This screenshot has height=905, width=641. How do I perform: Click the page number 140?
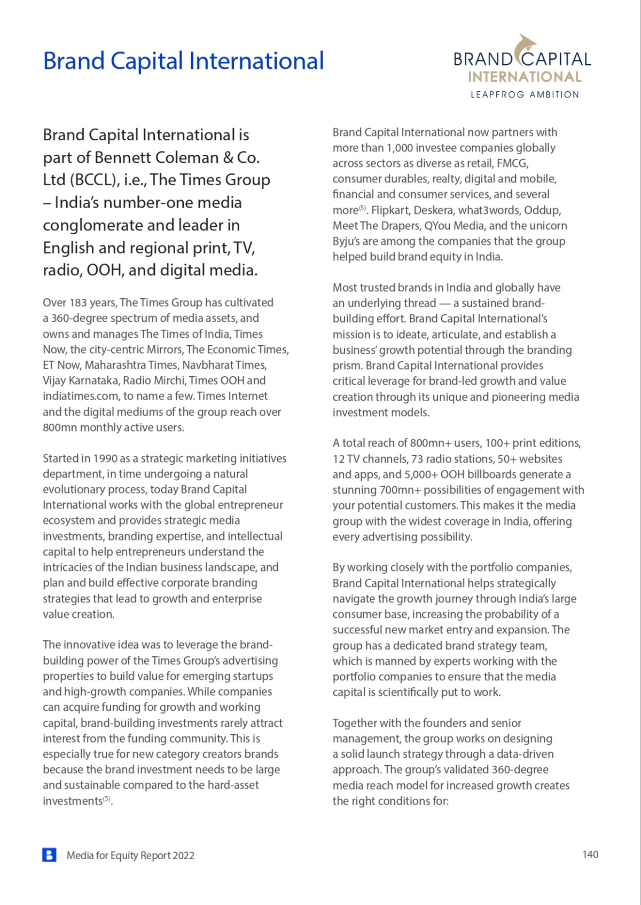click(x=590, y=854)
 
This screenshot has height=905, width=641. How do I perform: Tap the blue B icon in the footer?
click(x=49, y=855)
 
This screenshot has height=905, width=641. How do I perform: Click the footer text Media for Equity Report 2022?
click(x=130, y=855)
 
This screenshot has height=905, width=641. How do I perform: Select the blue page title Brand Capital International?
click(x=183, y=61)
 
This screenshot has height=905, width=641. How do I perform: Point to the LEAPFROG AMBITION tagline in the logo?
click(x=525, y=94)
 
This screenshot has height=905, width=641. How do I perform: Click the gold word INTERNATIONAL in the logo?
click(x=525, y=77)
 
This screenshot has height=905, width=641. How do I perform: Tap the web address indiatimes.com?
click(x=81, y=396)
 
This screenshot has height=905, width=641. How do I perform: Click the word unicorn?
click(x=547, y=226)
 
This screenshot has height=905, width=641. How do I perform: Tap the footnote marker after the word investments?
click(x=107, y=799)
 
